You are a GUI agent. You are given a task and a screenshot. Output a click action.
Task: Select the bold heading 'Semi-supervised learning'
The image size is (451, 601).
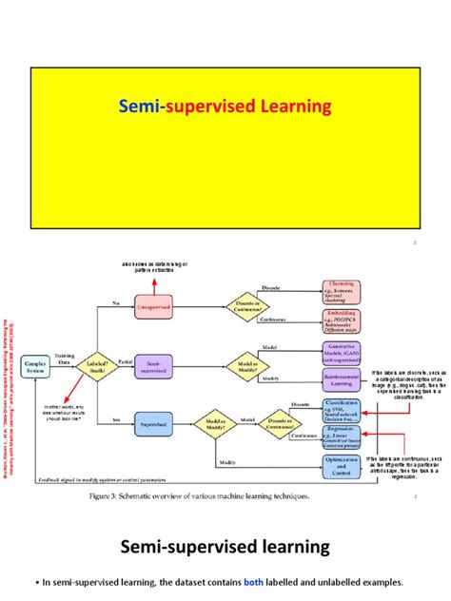[225, 547]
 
